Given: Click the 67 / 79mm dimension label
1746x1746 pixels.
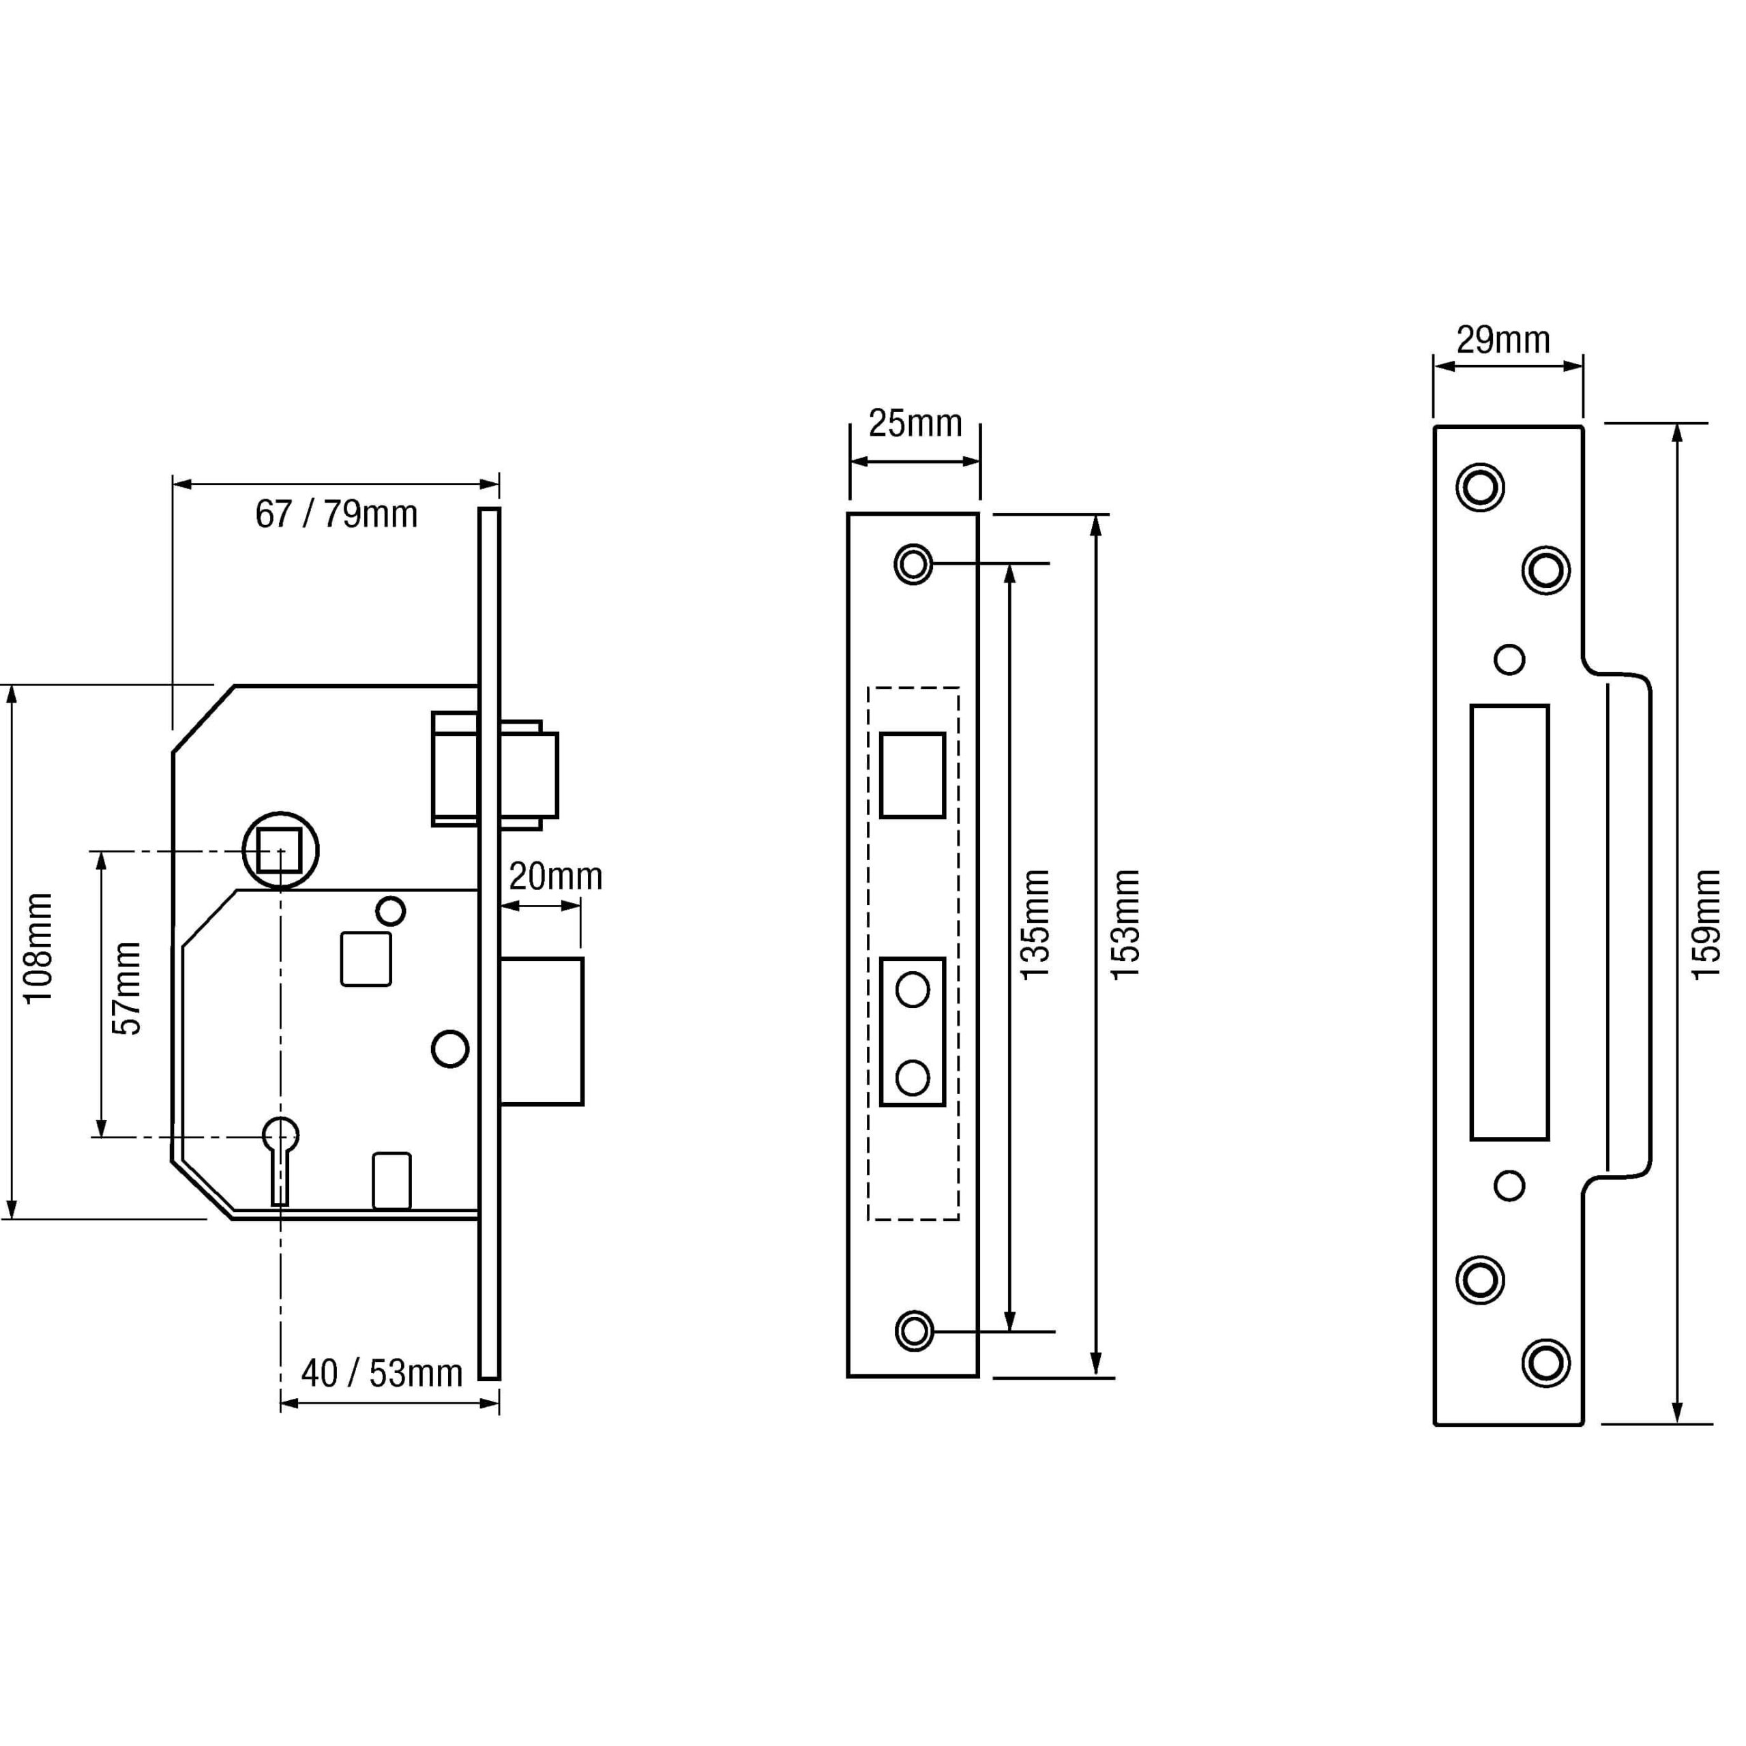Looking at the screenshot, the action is (x=336, y=514).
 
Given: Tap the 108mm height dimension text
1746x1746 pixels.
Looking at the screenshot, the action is (x=39, y=948).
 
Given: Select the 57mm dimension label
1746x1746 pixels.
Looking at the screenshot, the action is (x=127, y=988).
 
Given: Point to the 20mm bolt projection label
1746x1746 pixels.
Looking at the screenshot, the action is (x=555, y=876).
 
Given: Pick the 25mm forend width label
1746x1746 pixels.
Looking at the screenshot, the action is (x=915, y=423).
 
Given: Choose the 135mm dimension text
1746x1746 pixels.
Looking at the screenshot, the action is (x=1035, y=923).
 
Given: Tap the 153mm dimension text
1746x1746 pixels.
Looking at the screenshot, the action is (x=1125, y=923).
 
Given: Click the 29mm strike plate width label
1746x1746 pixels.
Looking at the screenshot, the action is (x=1503, y=340).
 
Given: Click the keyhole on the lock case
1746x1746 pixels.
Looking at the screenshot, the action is (x=280, y=1161).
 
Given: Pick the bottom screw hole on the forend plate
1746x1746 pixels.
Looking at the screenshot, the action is (x=914, y=1331).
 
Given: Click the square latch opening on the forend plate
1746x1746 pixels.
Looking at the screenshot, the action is (x=913, y=775).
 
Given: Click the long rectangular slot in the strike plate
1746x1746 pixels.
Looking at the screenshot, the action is (x=1509, y=923).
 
